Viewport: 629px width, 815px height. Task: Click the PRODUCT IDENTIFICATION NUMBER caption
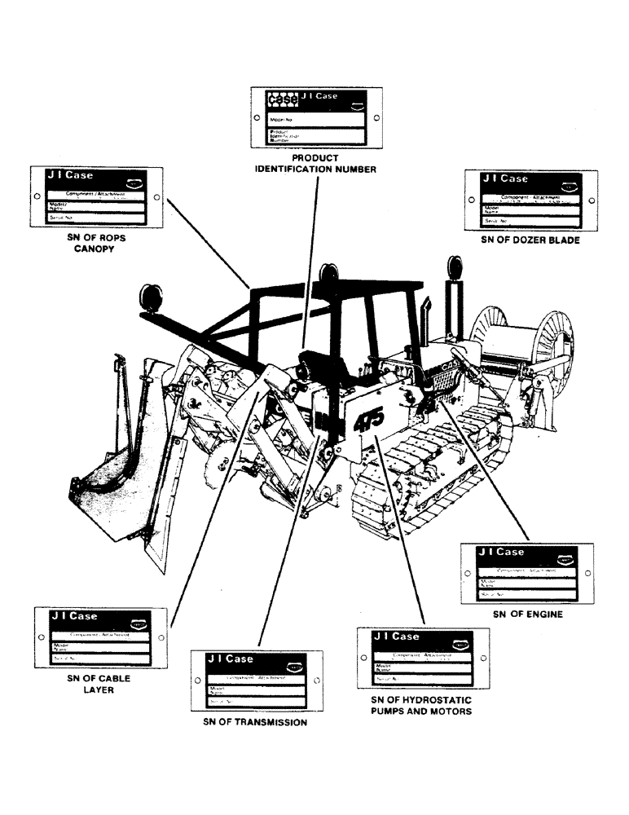(314, 163)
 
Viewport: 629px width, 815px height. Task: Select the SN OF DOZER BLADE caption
(530, 240)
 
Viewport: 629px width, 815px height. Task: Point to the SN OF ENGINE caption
(527, 615)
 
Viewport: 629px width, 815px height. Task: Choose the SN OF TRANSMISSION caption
(255, 722)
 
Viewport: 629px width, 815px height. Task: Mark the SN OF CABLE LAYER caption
(98, 683)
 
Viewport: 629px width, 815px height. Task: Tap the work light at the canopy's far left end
(152, 296)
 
